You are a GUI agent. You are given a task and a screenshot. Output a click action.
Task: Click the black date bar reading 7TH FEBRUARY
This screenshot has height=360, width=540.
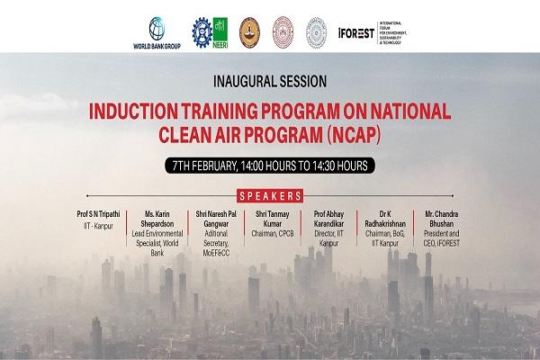point(270,166)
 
